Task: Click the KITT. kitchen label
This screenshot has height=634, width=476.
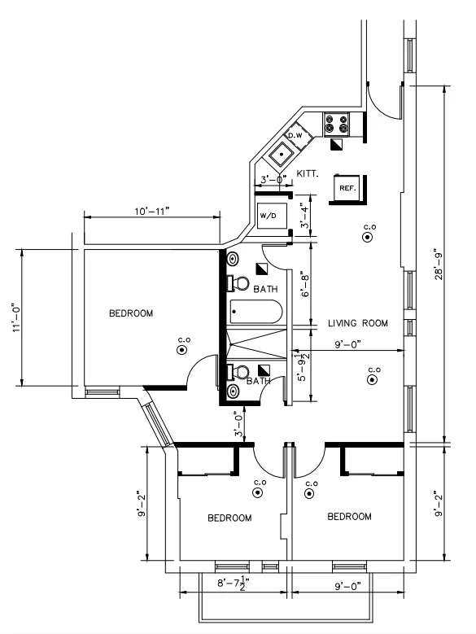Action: coord(308,174)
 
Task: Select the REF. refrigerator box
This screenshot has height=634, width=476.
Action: coord(348,188)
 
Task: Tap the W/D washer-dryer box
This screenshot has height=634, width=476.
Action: coord(269,216)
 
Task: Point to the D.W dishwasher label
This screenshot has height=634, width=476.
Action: coord(295,134)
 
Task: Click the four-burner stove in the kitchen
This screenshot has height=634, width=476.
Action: coord(337,124)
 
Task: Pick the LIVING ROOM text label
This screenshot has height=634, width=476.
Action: coord(358,323)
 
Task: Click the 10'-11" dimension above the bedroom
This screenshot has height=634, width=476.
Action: coord(151,210)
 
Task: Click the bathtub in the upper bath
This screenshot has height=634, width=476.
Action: coord(255,312)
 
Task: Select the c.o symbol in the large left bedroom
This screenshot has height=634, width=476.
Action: coord(181,348)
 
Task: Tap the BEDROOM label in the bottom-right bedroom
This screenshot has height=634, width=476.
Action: coord(349,517)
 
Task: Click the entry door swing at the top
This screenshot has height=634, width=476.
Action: coord(378,99)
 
